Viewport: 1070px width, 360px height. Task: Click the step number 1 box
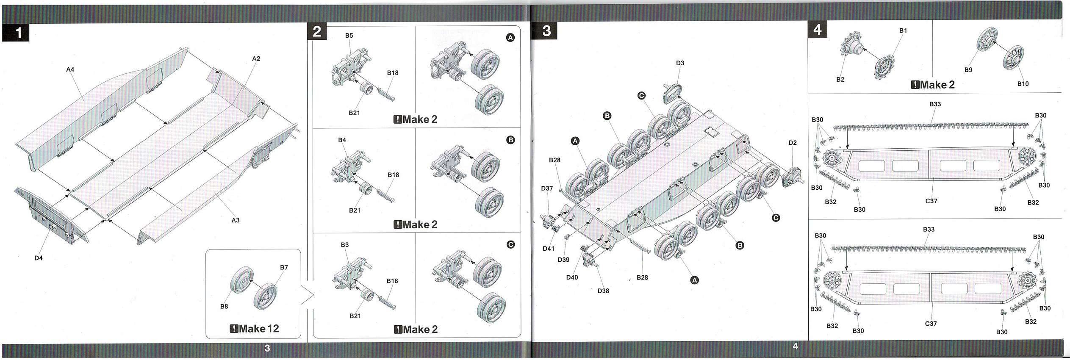click(16, 33)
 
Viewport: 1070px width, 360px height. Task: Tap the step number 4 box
click(817, 30)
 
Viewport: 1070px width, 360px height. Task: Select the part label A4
click(70, 69)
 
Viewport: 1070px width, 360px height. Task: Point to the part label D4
click(39, 258)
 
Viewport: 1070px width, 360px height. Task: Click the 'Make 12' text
click(255, 329)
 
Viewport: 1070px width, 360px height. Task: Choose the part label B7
click(284, 267)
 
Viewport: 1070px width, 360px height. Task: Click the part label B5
click(349, 36)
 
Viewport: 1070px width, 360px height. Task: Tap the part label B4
click(342, 140)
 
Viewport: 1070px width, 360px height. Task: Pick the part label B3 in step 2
click(345, 245)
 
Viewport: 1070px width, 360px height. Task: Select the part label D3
click(680, 63)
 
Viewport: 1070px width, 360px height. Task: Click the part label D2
click(793, 143)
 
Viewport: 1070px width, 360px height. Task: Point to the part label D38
click(603, 291)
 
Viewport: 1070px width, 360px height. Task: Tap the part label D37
click(547, 188)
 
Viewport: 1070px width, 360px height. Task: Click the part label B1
click(903, 30)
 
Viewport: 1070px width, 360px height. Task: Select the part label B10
click(1023, 84)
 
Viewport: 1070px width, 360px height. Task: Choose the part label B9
click(968, 70)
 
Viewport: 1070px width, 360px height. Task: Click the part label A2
click(256, 58)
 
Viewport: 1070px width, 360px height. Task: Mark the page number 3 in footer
click(267, 349)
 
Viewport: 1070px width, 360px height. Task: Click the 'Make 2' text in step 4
click(933, 85)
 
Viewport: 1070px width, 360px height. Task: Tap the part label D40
click(572, 277)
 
